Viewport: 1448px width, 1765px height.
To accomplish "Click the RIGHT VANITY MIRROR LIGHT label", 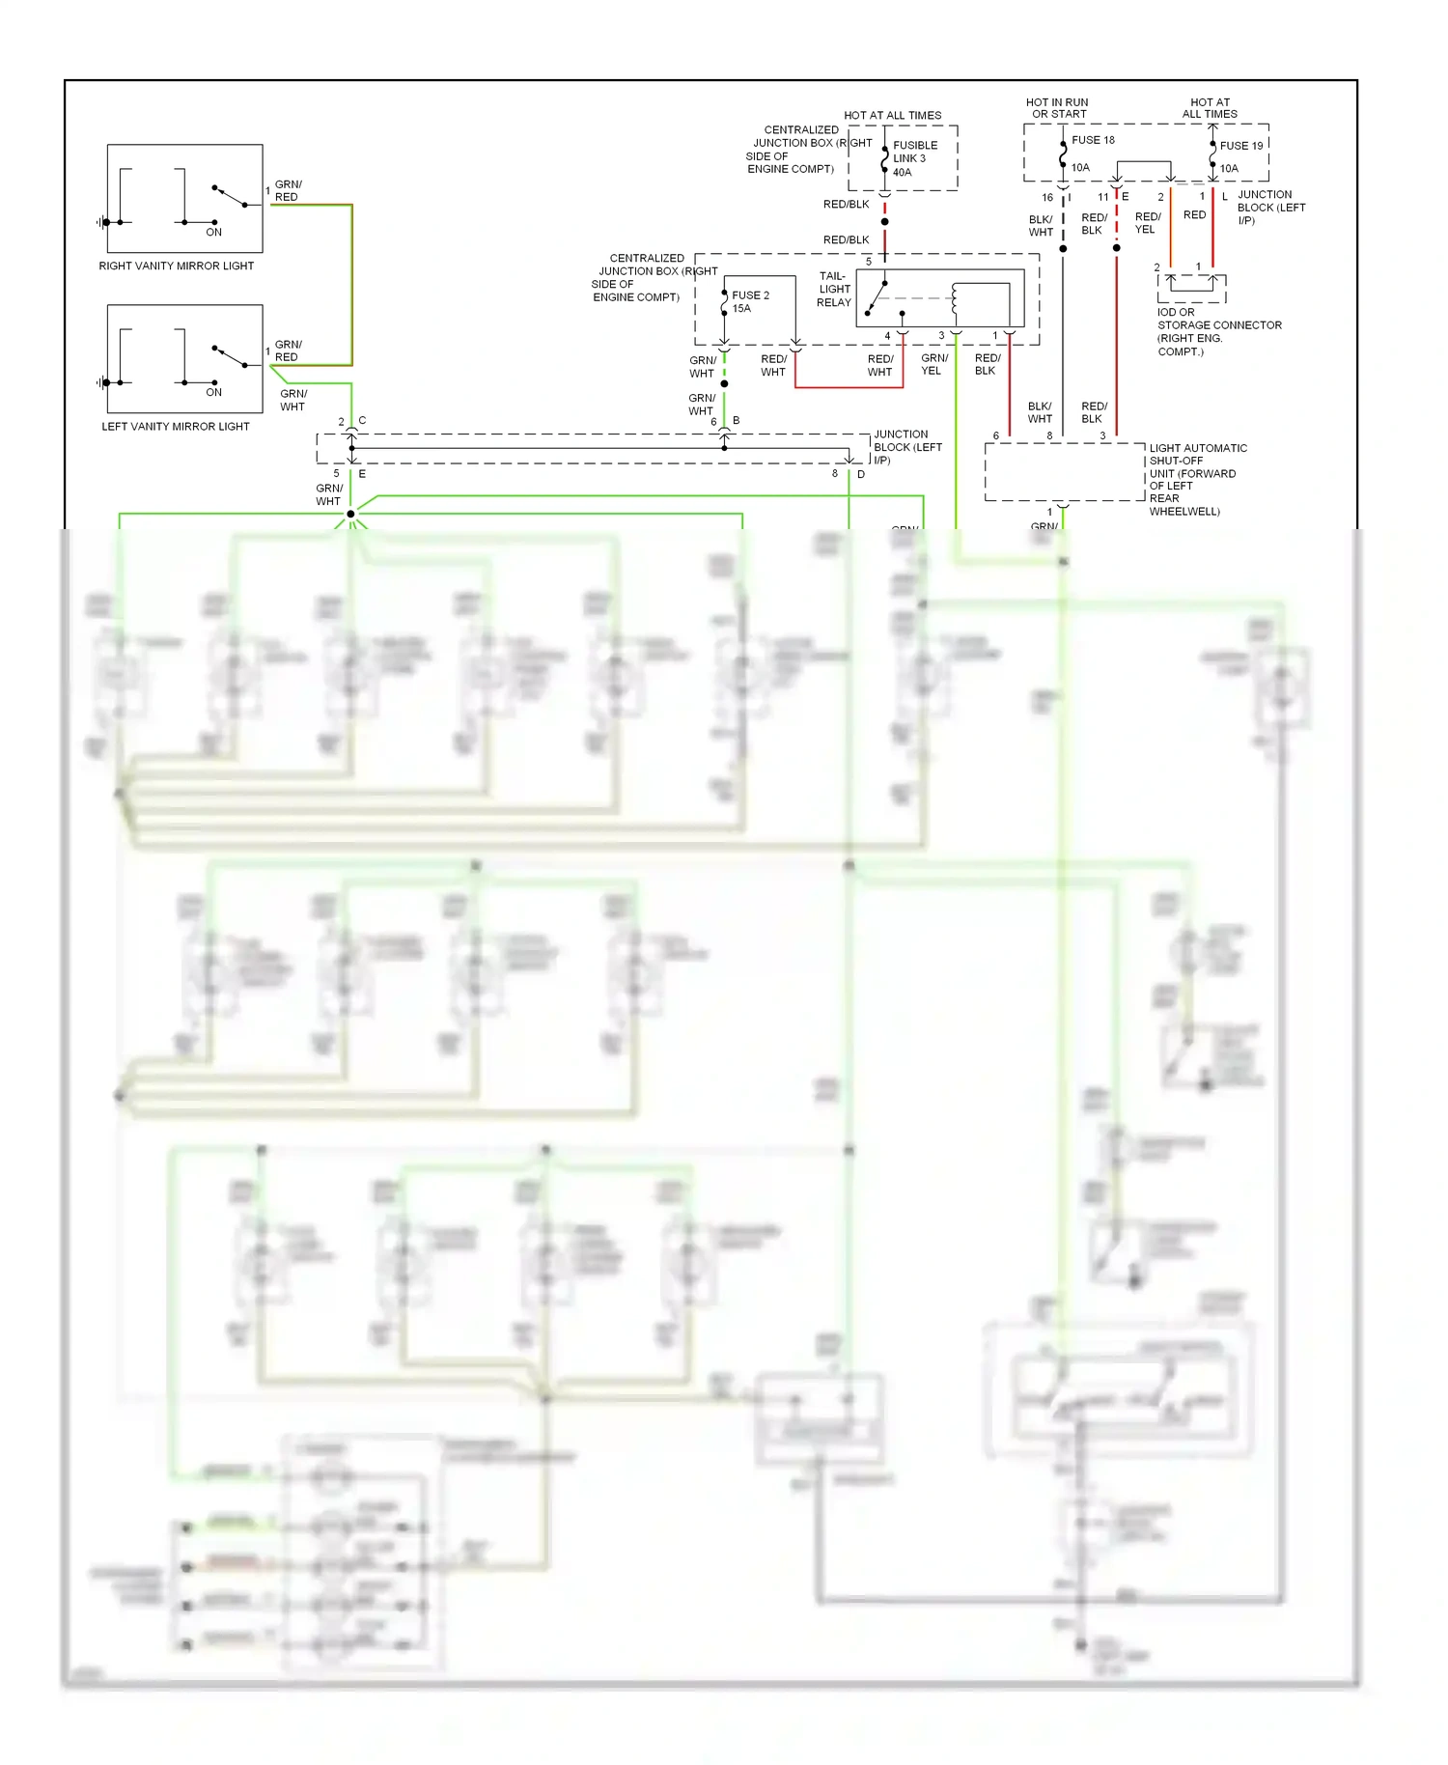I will pos(176,266).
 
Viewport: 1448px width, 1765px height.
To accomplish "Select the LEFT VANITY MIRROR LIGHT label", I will pos(175,426).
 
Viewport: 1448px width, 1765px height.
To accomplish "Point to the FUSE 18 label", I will pos(1093,140).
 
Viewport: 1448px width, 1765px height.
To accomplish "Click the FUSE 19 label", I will pos(1240,146).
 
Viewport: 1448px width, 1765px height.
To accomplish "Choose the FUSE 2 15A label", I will pos(749,301).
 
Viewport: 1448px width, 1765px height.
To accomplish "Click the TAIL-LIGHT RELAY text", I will pos(834,289).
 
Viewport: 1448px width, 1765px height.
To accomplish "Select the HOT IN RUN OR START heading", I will pos(1057,107).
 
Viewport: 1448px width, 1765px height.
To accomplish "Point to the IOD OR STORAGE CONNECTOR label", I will pos(1218,331).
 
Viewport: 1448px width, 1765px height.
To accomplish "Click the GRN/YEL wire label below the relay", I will pos(933,364).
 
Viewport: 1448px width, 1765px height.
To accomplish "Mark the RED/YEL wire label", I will pos(1147,223).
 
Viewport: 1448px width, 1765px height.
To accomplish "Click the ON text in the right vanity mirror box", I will pos(213,232).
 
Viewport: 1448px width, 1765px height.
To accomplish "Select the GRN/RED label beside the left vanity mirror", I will pos(288,350).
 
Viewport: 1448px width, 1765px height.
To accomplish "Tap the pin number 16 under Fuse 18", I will pos(1046,197).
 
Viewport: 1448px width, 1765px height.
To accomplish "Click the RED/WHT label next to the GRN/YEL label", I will pos(879,365).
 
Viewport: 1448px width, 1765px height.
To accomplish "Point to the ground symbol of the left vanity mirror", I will pos(102,382).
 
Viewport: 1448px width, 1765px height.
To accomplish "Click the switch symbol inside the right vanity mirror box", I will pos(230,196).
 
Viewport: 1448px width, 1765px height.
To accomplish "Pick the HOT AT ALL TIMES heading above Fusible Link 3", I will pos(892,115).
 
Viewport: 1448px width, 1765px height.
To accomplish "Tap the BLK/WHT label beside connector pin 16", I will pos(1040,226).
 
